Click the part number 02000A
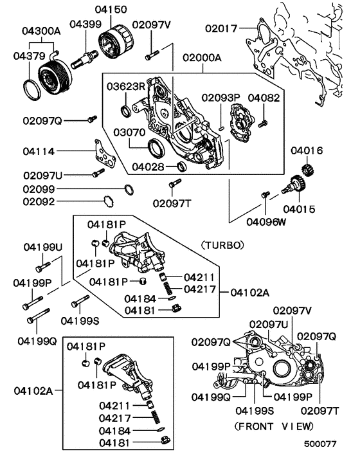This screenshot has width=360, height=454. pos(201,57)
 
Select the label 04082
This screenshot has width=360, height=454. pos(264,98)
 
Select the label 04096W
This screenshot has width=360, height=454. pos(267,222)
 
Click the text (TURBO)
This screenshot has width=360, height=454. pos(222,245)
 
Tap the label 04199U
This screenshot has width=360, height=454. pos(43,247)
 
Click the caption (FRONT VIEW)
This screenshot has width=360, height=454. pos(274,426)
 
